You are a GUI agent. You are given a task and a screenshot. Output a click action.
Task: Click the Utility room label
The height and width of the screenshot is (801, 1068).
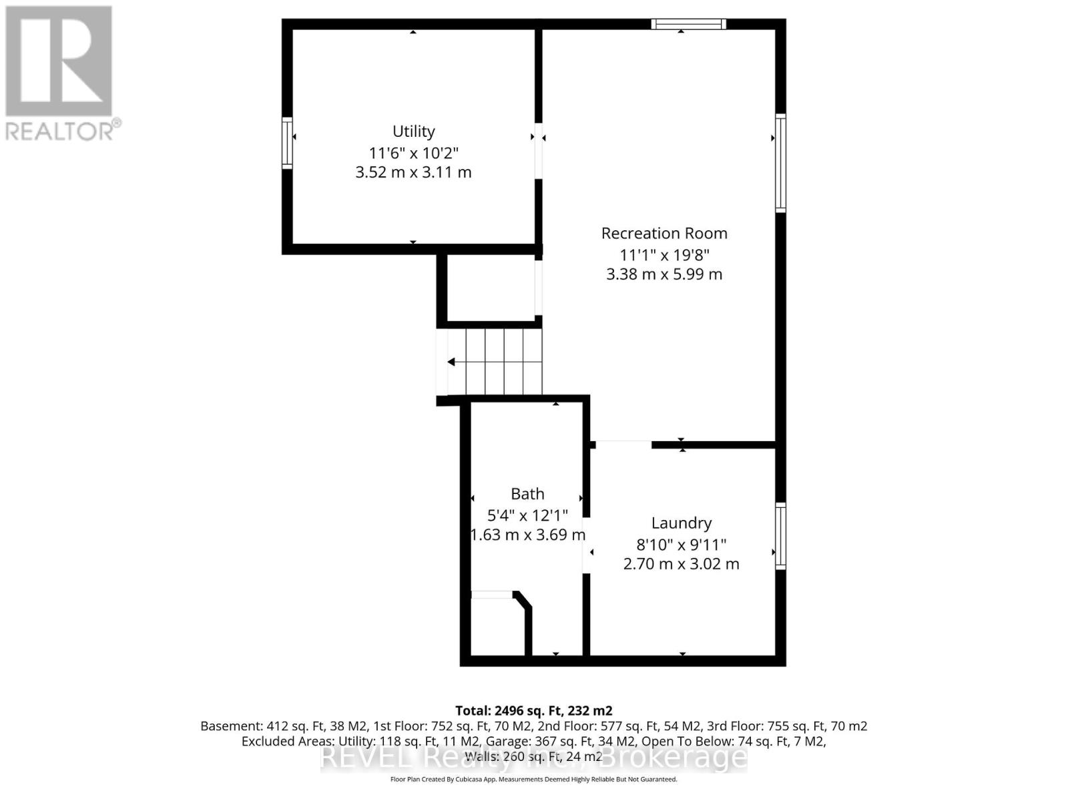413,131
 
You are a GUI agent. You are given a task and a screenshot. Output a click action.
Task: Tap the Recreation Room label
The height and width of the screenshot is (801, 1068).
664,233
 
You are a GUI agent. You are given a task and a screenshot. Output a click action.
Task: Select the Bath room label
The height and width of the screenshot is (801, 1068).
527,494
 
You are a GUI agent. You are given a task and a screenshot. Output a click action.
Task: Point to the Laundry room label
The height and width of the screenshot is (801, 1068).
682,523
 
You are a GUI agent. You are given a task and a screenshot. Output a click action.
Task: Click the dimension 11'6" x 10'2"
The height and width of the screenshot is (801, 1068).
413,152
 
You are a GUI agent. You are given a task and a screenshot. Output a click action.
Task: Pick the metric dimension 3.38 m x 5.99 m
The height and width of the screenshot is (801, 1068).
664,274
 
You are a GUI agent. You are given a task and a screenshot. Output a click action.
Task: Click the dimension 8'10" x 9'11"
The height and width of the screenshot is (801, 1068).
682,544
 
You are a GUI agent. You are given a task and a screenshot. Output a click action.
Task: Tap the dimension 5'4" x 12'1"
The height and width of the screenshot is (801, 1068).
527,515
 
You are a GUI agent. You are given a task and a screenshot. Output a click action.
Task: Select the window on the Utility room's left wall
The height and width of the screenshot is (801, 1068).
287,142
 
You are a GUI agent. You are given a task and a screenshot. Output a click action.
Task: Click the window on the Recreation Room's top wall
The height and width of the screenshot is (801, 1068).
688,25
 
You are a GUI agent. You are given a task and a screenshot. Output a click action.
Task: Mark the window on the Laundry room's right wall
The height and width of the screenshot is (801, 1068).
780,536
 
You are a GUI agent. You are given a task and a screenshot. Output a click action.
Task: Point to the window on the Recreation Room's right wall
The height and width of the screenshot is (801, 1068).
780,163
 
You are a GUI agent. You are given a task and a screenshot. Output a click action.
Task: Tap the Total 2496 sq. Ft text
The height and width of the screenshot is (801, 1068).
533,710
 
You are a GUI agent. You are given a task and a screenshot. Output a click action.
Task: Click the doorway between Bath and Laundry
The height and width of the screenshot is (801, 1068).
587,545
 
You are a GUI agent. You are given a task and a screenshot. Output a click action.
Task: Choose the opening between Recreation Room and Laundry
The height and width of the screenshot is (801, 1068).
623,445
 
